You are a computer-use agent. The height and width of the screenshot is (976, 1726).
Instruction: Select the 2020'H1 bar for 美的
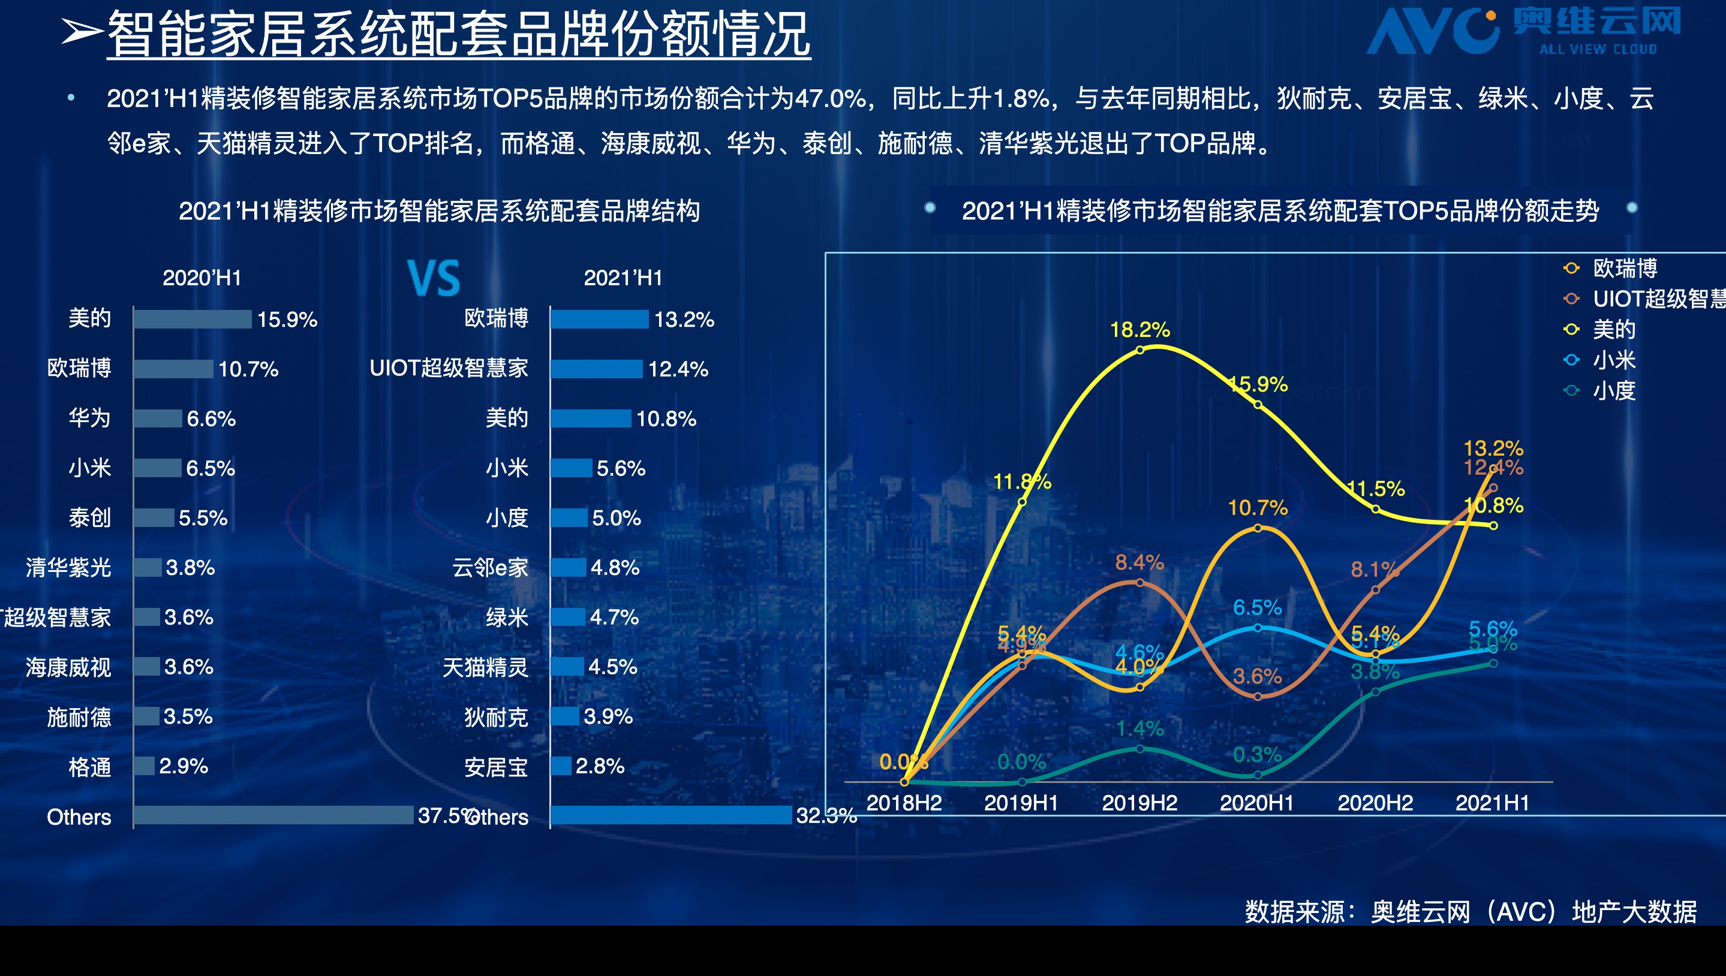[x=193, y=319]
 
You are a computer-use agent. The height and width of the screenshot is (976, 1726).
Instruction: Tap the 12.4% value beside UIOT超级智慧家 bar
[x=678, y=369]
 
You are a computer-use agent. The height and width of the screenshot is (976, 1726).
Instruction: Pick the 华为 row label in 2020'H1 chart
[x=89, y=418]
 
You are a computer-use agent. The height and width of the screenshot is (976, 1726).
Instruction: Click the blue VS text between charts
[x=434, y=278]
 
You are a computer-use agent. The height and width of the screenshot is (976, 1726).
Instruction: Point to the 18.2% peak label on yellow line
[x=1139, y=330]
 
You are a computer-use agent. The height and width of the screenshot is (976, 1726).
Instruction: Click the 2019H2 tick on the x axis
[x=1139, y=802]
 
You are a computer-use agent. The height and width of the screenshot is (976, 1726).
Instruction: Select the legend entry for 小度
[x=1613, y=390]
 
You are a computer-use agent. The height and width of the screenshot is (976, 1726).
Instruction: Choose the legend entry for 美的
[x=1613, y=329]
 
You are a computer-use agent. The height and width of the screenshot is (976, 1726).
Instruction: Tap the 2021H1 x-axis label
[x=1492, y=802]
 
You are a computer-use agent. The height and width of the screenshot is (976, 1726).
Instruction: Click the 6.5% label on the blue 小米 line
[x=1256, y=607]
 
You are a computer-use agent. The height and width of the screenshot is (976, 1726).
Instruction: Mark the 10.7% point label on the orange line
[x=1257, y=507]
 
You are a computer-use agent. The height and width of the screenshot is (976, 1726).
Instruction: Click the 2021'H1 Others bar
[x=670, y=815]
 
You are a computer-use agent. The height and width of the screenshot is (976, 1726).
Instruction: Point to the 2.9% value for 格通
[x=183, y=766]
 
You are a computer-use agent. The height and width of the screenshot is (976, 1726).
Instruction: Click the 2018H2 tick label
[x=904, y=802]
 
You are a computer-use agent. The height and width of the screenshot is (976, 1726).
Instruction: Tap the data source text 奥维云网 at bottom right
[x=1420, y=912]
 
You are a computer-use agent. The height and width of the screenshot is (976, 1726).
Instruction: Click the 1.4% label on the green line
[x=1139, y=728]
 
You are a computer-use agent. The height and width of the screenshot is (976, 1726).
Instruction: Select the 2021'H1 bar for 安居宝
[x=561, y=766]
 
